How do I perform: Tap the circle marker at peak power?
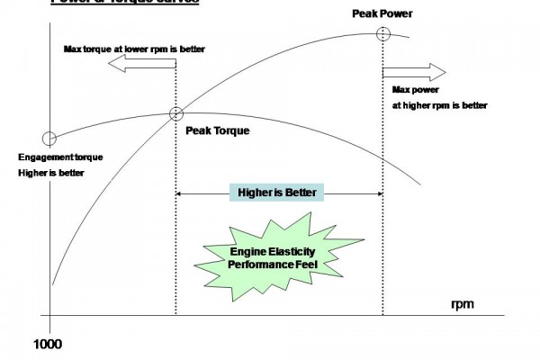[383, 34]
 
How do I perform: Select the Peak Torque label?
[217, 130]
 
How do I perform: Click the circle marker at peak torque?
[175, 113]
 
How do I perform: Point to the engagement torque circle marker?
[49, 139]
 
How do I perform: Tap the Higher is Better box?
[276, 193]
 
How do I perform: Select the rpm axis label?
[463, 304]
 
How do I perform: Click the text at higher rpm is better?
[440, 105]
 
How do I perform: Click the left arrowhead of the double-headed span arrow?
[179, 193]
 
